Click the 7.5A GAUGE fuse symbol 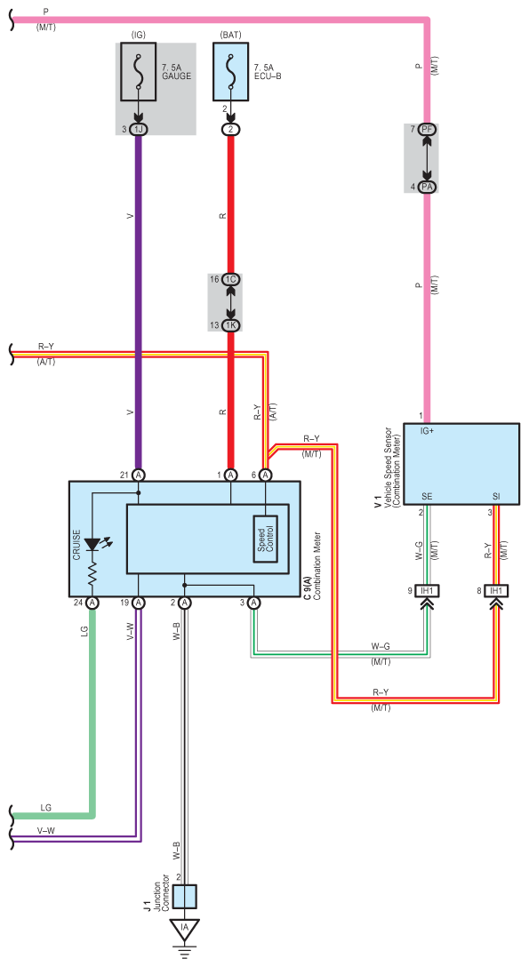tap(139, 71)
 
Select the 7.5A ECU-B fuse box tap(230, 71)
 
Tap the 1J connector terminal tap(139, 129)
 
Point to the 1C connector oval tap(231, 279)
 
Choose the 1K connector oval tap(231, 325)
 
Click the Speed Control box tap(266, 537)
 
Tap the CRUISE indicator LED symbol tap(92, 544)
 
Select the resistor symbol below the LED tap(92, 576)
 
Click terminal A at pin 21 tap(139, 475)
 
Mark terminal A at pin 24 tap(92, 602)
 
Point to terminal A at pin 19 tap(139, 602)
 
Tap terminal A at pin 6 tap(266, 475)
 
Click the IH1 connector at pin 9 tap(427, 591)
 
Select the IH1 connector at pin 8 tap(496, 591)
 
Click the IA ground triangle tap(183, 927)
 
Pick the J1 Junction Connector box tap(184, 897)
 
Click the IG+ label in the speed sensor tap(428, 431)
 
